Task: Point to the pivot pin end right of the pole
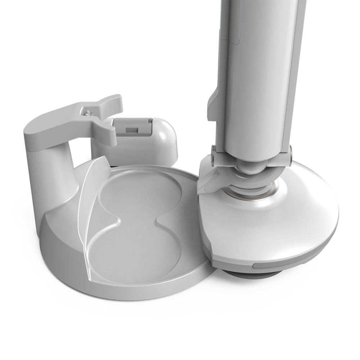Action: click(290, 153)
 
